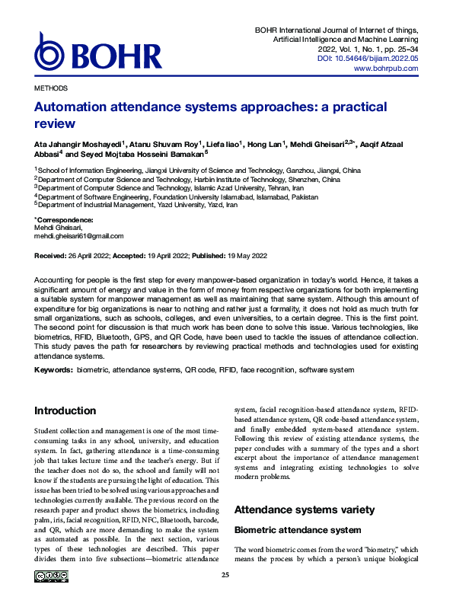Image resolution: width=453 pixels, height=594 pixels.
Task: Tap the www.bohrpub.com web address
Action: click(386, 69)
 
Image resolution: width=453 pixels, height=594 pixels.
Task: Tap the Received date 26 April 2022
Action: click(84, 257)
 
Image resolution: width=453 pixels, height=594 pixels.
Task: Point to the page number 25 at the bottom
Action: click(226, 575)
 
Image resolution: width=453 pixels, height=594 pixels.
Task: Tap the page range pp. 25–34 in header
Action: click(397, 47)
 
